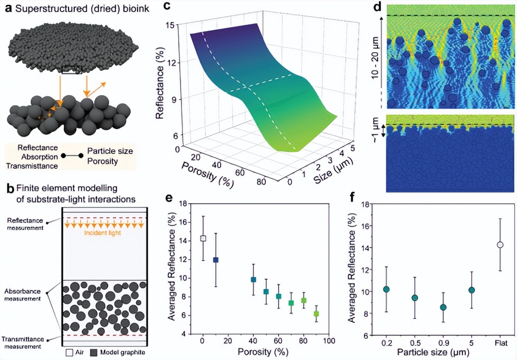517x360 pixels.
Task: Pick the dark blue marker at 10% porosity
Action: click(x=216, y=260)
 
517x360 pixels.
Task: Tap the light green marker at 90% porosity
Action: click(x=316, y=314)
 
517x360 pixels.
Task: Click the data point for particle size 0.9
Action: click(x=443, y=307)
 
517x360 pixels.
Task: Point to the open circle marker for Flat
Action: click(x=500, y=244)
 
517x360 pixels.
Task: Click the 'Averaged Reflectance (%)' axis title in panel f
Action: click(x=354, y=269)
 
